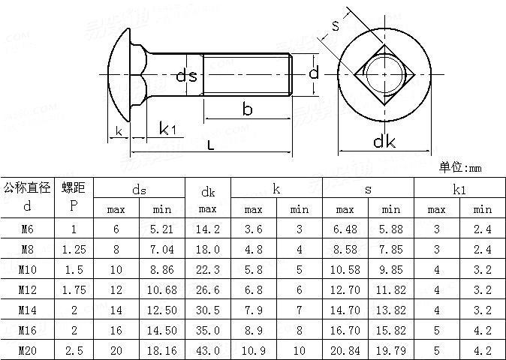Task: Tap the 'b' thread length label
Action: (247, 109)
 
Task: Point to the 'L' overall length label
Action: (210, 145)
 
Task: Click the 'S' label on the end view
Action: (335, 25)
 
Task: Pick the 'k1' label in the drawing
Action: (167, 129)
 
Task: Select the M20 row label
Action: (27, 349)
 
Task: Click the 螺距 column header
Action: (74, 187)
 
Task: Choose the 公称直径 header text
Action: (27, 187)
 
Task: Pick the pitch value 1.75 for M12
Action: (74, 289)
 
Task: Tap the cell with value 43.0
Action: (208, 349)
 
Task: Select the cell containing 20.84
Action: (345, 349)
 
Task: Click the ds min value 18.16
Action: (162, 349)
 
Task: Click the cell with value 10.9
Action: (254, 349)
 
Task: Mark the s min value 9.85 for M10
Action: (391, 270)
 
